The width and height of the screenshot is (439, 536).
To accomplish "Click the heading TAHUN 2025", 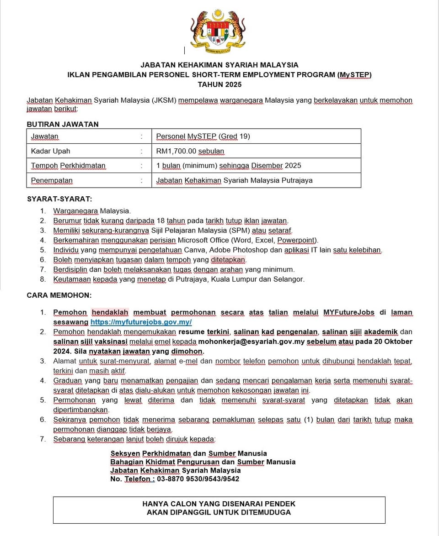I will click(x=219, y=84).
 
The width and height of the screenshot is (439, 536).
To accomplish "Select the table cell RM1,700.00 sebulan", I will click(x=190, y=151).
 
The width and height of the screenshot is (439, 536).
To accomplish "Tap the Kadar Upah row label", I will click(x=50, y=151).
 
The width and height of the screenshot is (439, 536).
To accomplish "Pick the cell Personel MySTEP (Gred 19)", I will click(x=203, y=137).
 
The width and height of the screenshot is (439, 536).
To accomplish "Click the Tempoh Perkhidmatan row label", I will click(x=68, y=166).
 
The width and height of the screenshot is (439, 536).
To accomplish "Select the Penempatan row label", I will click(x=52, y=180).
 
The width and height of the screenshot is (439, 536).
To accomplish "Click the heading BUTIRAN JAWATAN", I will click(x=63, y=124).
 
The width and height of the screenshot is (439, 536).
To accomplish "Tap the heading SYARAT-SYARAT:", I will click(x=59, y=199).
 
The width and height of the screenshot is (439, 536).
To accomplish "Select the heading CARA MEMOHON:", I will click(x=59, y=295).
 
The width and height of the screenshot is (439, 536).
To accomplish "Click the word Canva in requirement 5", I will click(x=194, y=250).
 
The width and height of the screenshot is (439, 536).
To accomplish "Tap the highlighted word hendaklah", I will click(x=110, y=312).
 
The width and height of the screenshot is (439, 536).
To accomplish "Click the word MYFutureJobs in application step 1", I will click(x=348, y=312).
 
